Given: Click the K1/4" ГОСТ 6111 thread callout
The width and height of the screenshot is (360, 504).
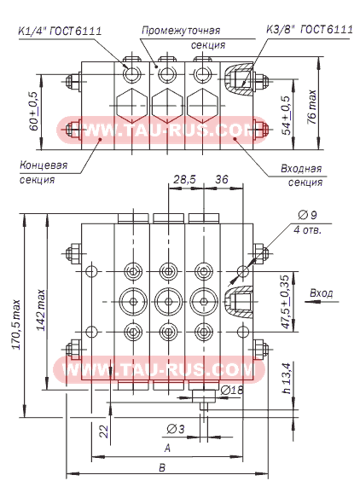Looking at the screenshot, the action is point(60,31).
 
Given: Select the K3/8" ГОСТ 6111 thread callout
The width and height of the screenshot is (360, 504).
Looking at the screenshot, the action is point(310,30).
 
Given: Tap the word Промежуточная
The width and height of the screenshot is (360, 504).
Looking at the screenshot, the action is point(181,31).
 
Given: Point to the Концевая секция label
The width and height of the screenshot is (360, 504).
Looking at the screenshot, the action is point(44,172).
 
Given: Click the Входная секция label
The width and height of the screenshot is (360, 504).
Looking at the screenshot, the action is point(301,175).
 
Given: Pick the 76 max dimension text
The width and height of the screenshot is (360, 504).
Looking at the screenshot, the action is point(311,107).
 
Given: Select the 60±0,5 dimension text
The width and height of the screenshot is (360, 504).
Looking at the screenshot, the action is point(34,111).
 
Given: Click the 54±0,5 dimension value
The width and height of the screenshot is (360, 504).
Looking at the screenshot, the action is point(286,115).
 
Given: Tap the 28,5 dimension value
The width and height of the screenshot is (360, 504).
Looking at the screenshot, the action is point(184,179).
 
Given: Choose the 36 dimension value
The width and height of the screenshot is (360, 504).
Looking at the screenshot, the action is point(222,179).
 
